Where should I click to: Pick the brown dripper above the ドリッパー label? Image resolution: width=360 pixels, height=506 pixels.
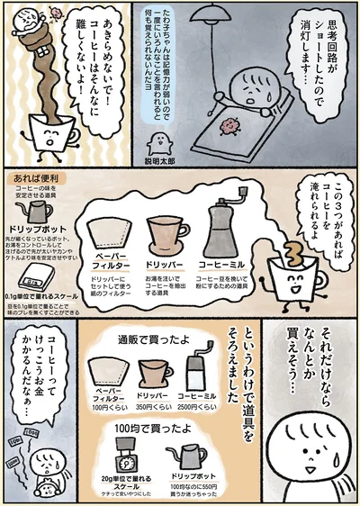click(x=166, y=234)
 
